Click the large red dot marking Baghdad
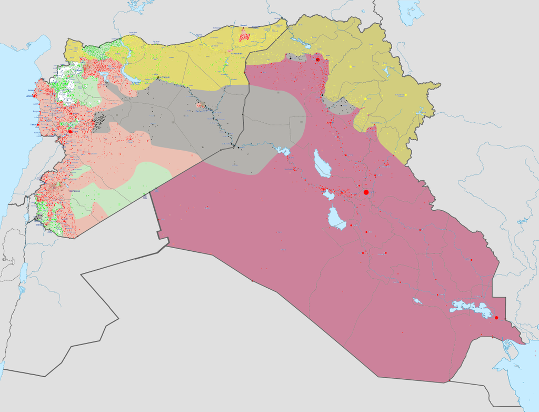tap(366, 192)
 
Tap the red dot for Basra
tap(496, 318)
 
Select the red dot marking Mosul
tap(318, 61)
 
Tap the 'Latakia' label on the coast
tap(31, 96)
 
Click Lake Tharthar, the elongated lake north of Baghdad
tap(322, 164)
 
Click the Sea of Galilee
tap(27, 217)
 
